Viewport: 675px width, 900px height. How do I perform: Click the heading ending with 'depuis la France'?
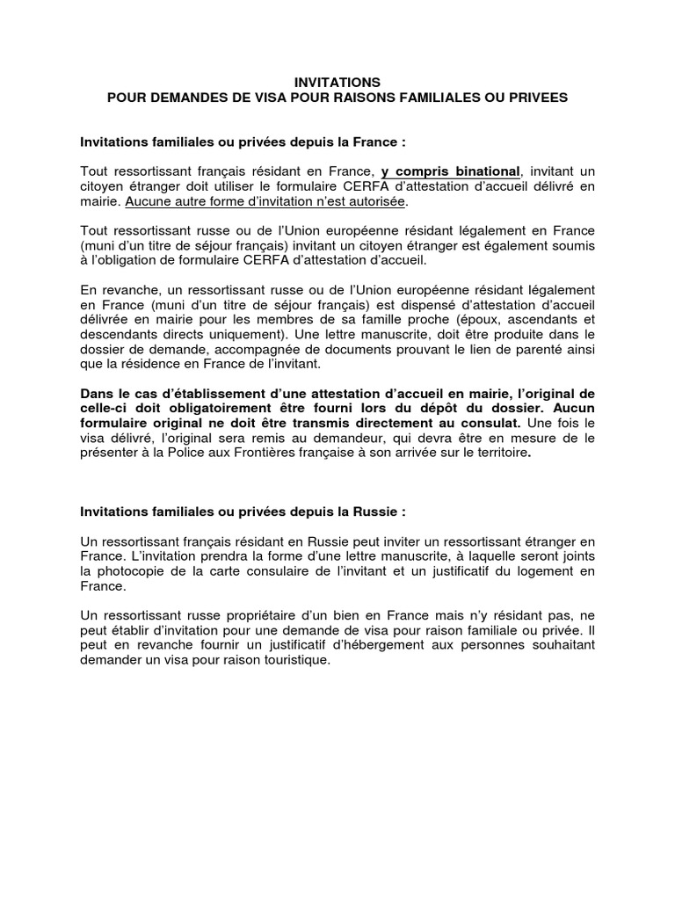point(243,142)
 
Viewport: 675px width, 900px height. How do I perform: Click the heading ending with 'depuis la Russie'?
point(243,511)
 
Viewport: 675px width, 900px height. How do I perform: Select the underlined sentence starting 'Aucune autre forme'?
point(266,201)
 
